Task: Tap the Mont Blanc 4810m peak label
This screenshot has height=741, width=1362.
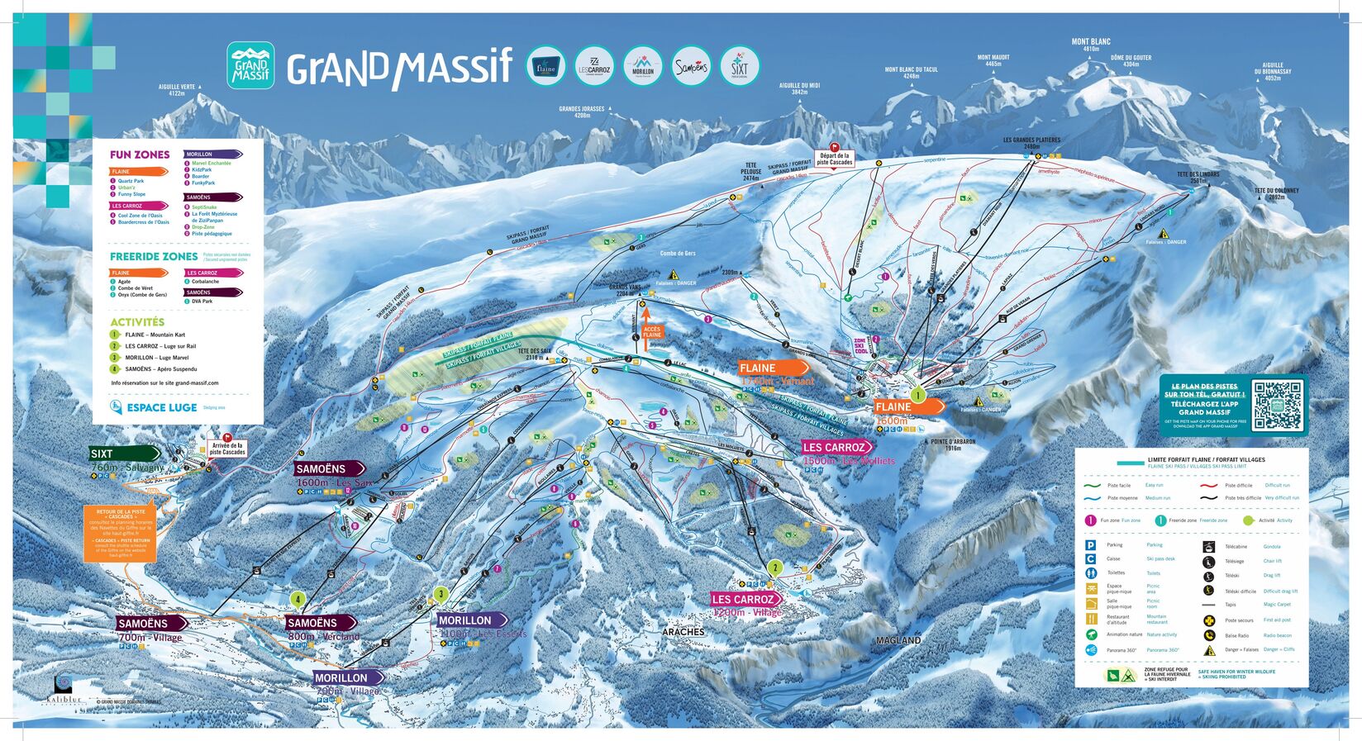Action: pos(1091,45)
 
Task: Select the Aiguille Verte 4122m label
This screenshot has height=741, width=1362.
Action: pos(177,89)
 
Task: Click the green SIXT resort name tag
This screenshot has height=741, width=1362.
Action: pos(124,454)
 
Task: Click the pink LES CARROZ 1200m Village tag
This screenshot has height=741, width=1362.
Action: pos(746,599)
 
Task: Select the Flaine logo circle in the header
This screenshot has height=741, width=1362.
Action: pos(545,67)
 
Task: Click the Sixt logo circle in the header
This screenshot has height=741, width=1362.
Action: pos(739,67)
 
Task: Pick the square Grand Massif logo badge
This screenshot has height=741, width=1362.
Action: pos(250,66)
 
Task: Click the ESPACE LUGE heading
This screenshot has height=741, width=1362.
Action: pos(161,407)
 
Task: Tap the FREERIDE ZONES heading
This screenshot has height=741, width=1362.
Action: pos(154,257)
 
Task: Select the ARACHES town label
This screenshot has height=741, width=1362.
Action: pos(683,632)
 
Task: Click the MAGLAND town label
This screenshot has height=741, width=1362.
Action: pos(898,640)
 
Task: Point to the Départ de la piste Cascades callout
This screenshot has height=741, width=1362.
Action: pos(834,159)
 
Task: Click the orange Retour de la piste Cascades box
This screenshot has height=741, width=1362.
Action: pos(119,533)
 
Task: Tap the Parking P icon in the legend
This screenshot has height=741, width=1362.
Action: pos(1091,545)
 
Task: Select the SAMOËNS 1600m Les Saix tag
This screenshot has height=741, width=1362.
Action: pos(328,469)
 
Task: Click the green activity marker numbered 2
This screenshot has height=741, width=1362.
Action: pos(774,568)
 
